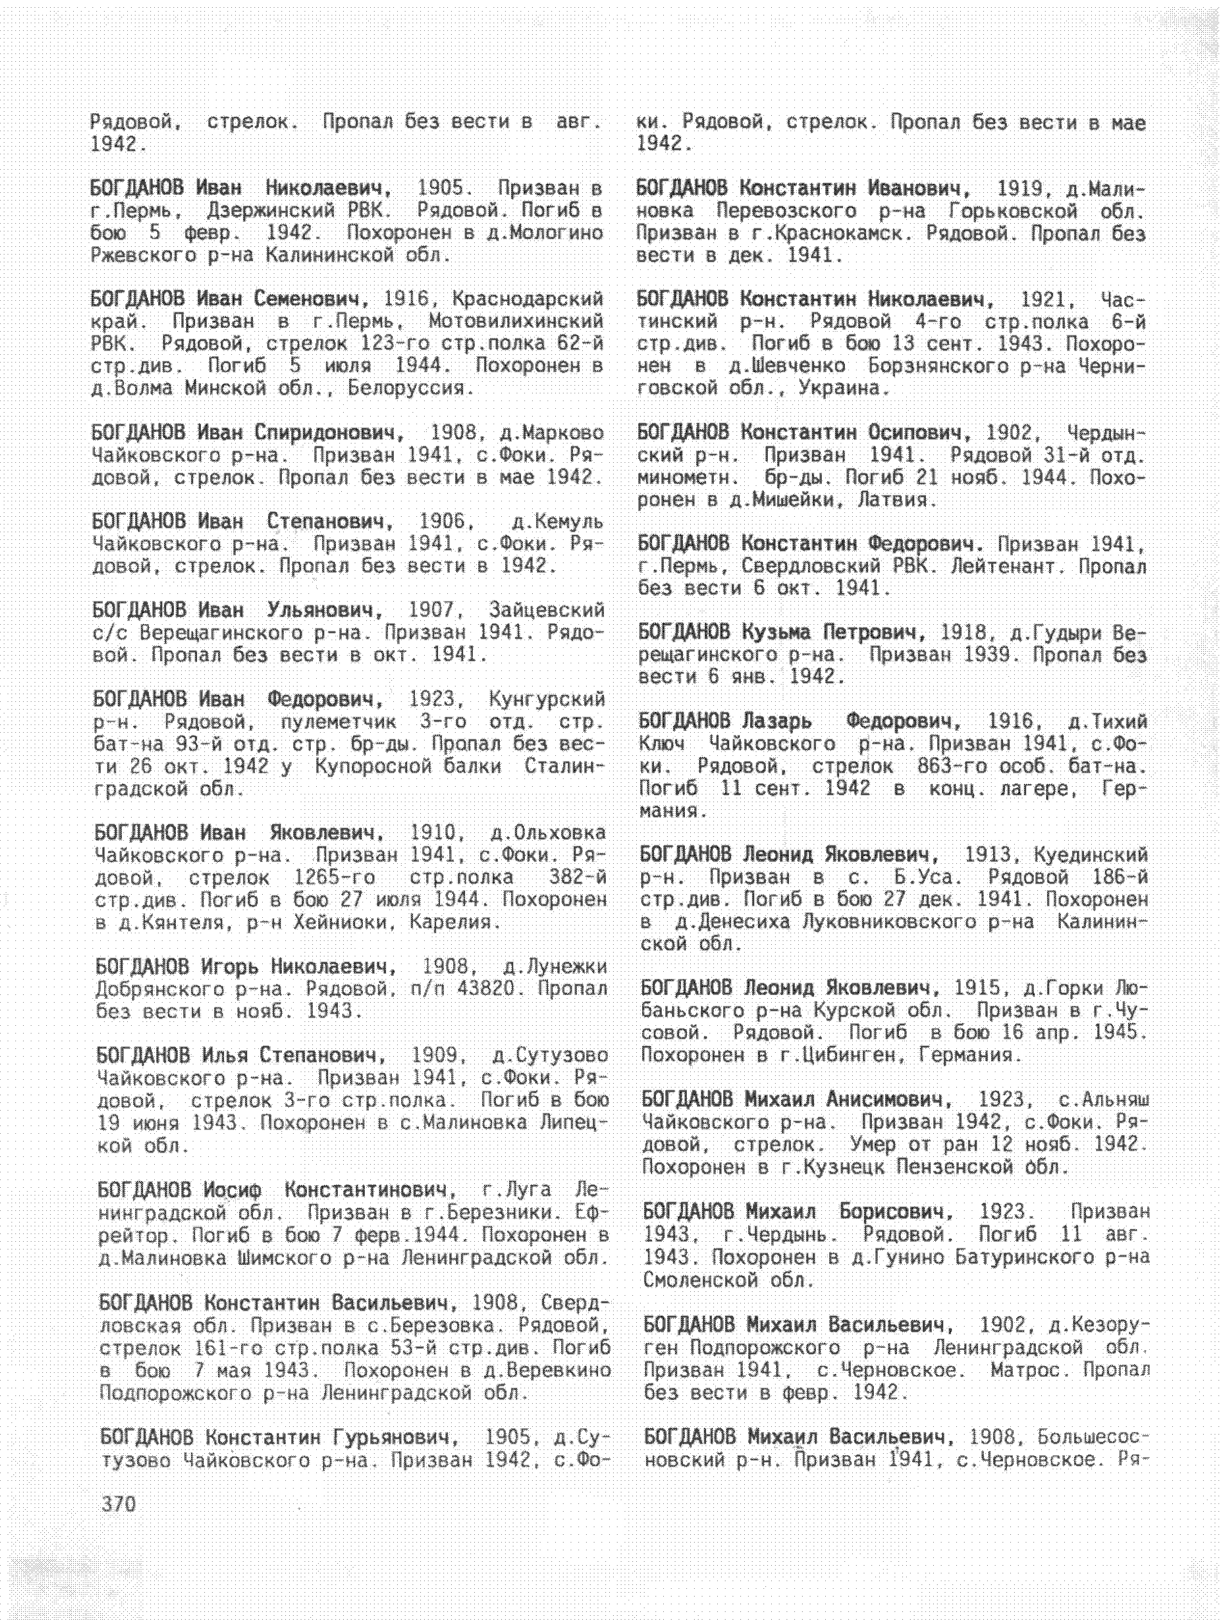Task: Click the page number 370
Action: click(x=118, y=1504)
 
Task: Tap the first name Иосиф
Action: click(x=233, y=1189)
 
